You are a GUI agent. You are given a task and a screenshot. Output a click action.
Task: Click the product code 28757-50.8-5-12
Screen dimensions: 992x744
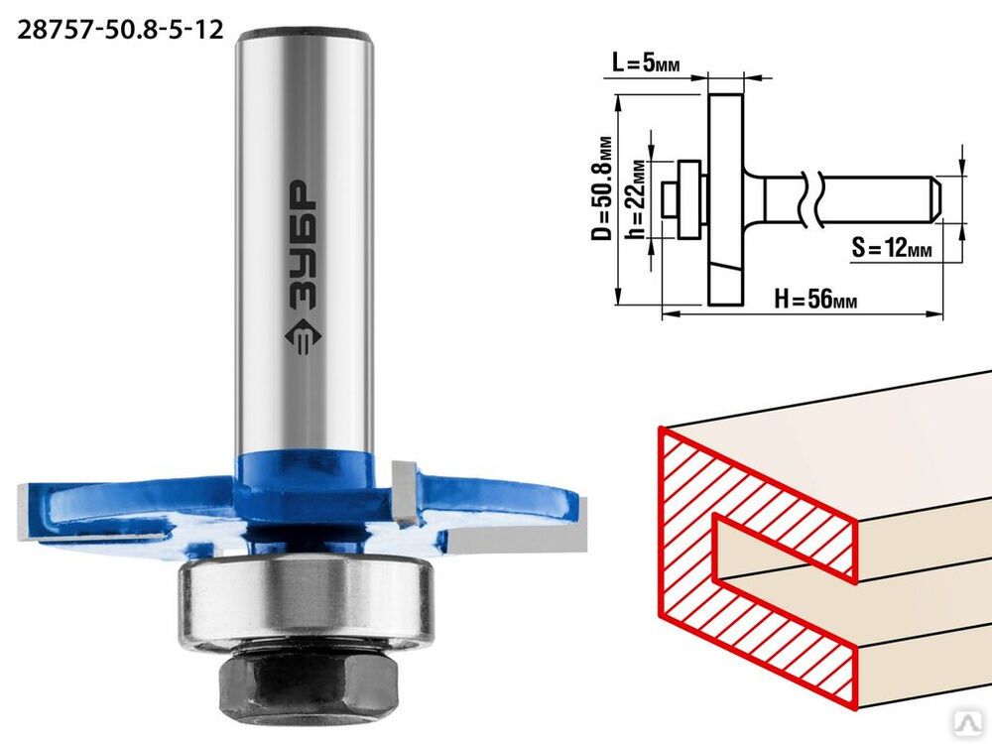click(x=120, y=29)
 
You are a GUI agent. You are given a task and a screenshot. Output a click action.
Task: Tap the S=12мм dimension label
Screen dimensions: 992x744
click(x=892, y=247)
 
